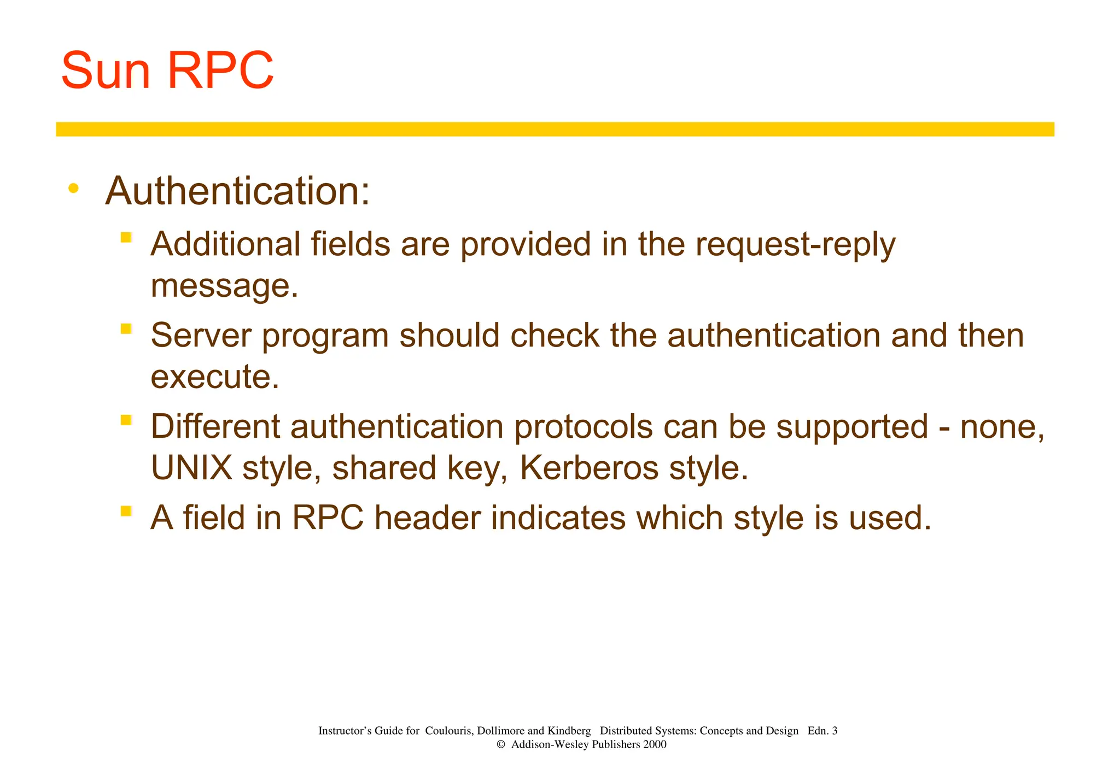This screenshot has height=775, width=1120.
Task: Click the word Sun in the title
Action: pyautogui.click(x=106, y=71)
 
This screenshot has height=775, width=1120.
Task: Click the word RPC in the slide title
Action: pyautogui.click(x=219, y=71)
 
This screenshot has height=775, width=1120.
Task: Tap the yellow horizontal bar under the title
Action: pyautogui.click(x=555, y=129)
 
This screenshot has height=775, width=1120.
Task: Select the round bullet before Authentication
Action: pyautogui.click(x=73, y=189)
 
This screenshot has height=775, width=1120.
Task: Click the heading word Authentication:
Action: pyautogui.click(x=237, y=191)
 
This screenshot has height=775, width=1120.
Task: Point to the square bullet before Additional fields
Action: pyautogui.click(x=126, y=237)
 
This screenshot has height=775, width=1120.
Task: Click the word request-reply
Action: pyautogui.click(x=795, y=244)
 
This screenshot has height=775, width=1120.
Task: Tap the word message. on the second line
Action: pyautogui.click(x=224, y=285)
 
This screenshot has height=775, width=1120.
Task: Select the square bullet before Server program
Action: pyautogui.click(x=126, y=328)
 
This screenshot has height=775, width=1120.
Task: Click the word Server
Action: pyautogui.click(x=201, y=335)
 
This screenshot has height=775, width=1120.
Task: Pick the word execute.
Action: pyautogui.click(x=214, y=377)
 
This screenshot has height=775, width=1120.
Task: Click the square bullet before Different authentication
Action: pyautogui.click(x=126, y=420)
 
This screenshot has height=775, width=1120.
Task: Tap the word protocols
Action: pyautogui.click(x=583, y=427)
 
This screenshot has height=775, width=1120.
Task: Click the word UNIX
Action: pyautogui.click(x=191, y=468)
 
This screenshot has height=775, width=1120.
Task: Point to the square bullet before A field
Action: pyautogui.click(x=126, y=511)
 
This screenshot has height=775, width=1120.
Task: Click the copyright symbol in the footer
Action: pyautogui.click(x=500, y=744)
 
